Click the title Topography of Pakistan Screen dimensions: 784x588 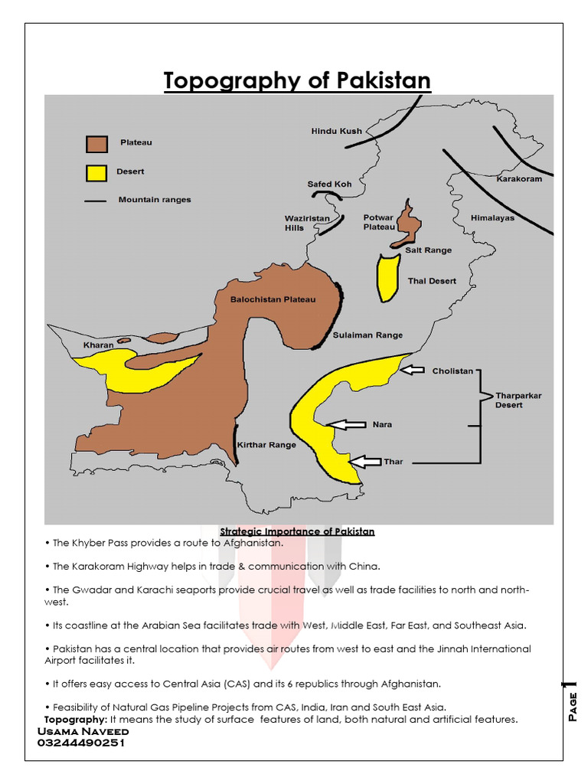click(x=297, y=81)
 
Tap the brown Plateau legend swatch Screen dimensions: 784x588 click(x=96, y=143)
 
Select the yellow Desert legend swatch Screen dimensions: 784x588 click(x=96, y=173)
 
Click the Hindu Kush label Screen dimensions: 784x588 click(x=336, y=132)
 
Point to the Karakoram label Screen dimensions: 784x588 click(x=519, y=179)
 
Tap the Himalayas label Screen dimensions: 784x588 click(x=492, y=218)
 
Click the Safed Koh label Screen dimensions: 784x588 click(x=329, y=185)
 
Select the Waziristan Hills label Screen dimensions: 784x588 click(x=307, y=223)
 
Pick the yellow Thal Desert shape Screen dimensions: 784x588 click(x=388, y=277)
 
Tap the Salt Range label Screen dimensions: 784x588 click(x=428, y=250)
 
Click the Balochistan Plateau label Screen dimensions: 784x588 click(x=273, y=299)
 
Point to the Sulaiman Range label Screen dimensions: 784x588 click(x=367, y=335)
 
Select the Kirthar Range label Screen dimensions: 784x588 click(x=266, y=445)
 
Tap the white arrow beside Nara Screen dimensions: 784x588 click(x=345, y=424)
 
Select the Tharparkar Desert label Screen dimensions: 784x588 click(x=518, y=400)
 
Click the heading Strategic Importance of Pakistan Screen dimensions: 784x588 click(x=297, y=531)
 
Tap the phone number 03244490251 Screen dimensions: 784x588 click(x=81, y=742)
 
